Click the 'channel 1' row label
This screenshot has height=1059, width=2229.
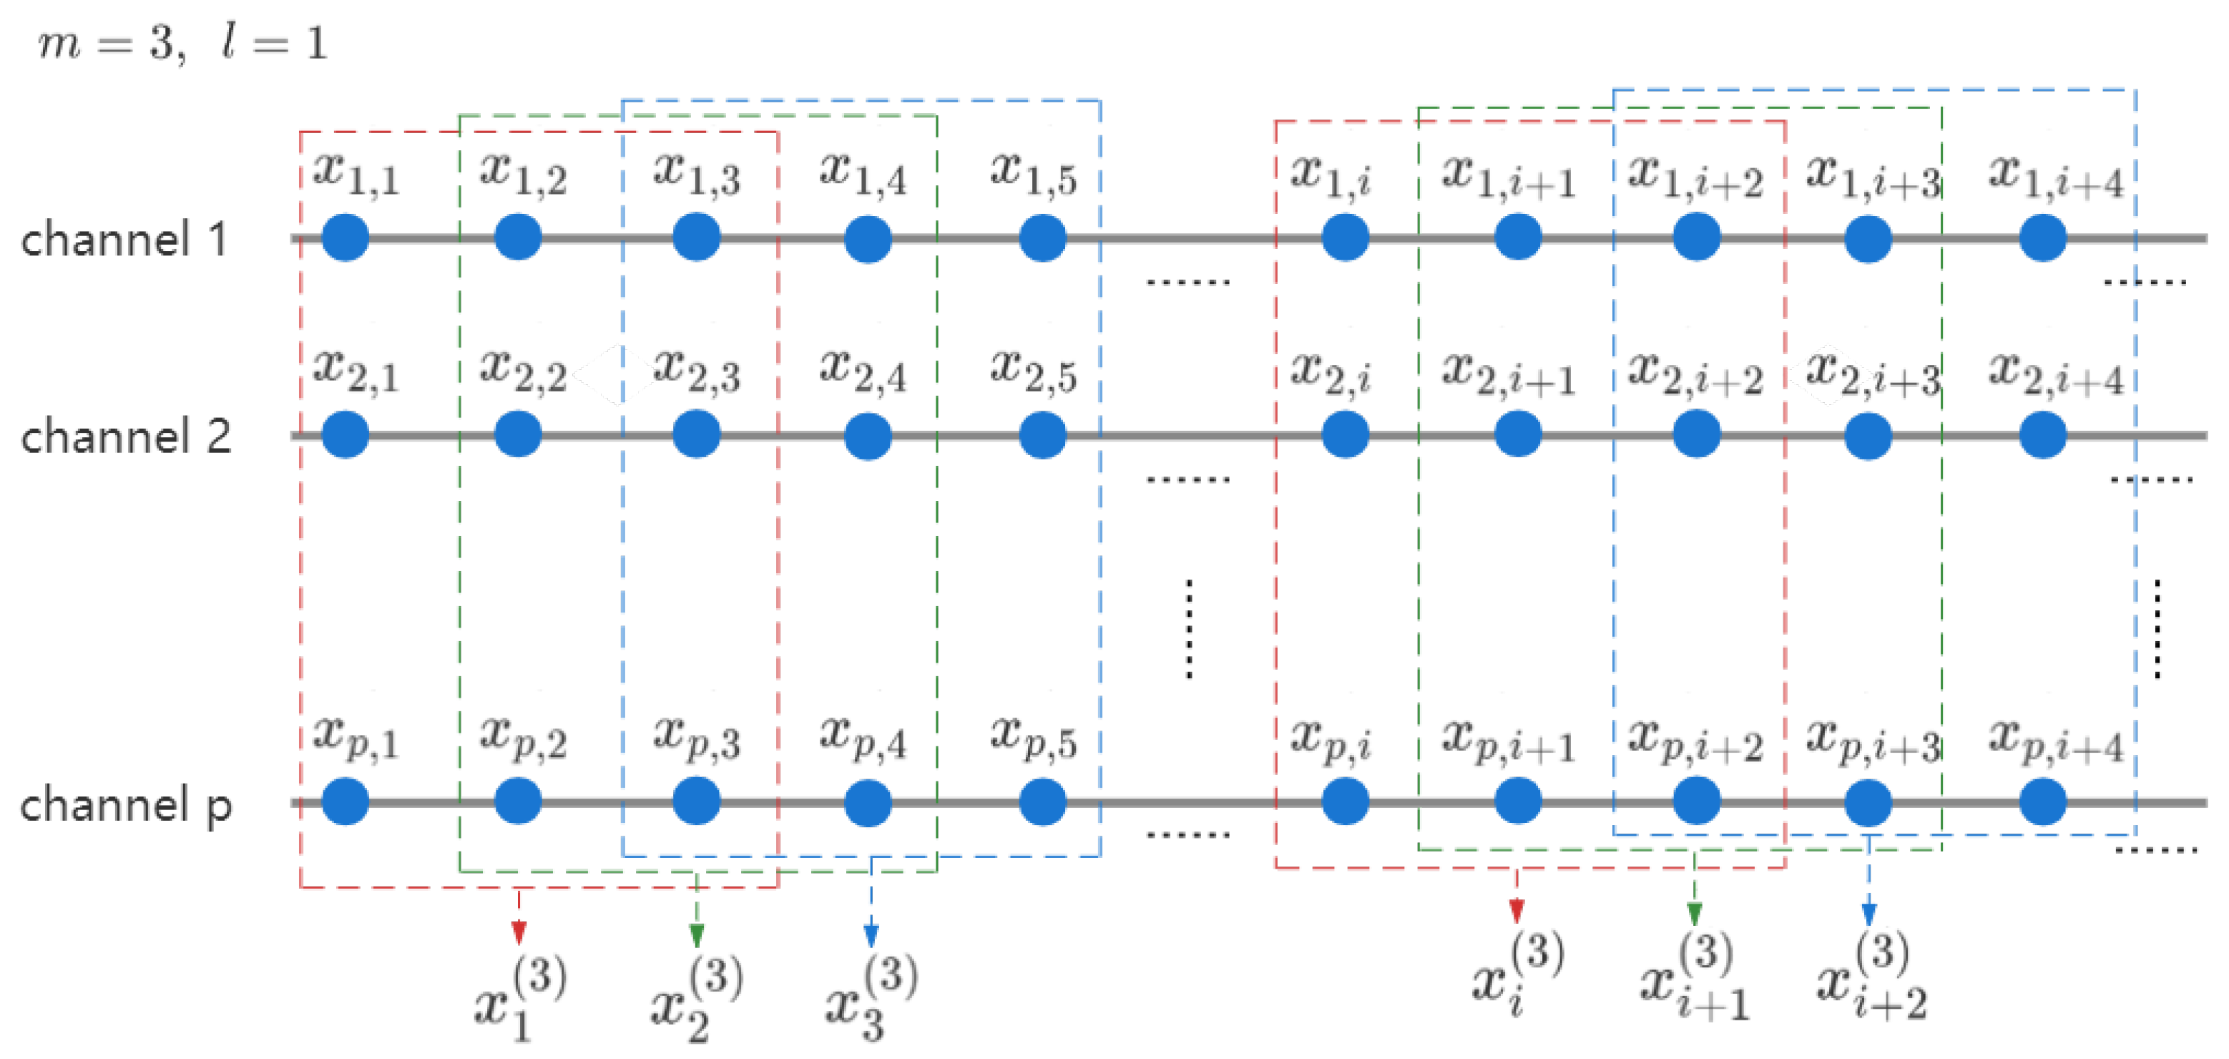(124, 240)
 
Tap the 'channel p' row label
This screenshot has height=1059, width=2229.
(125, 806)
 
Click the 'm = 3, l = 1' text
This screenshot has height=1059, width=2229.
(182, 43)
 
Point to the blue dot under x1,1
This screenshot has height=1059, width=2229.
(346, 237)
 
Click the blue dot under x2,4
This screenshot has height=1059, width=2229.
(868, 435)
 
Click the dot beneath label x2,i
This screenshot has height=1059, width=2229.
(1345, 434)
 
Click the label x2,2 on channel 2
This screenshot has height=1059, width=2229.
(523, 371)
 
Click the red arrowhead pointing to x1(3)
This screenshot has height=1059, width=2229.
(519, 932)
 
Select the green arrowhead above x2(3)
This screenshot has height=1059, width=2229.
(697, 935)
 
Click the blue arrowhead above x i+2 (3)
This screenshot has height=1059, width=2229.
(1868, 914)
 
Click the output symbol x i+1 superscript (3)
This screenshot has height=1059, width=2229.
(1693, 977)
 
